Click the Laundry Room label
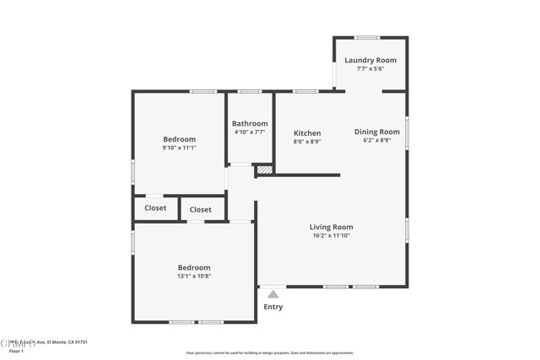point(370,61)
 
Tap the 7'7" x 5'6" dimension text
point(370,69)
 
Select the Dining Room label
point(376,132)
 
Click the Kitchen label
point(307,133)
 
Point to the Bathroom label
point(250,124)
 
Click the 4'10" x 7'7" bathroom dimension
point(250,132)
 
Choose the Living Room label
point(331,227)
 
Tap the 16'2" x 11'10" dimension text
point(331,235)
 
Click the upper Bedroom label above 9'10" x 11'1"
point(179,139)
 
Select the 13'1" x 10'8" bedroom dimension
point(194,277)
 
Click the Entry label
point(273,307)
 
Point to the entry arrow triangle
point(273,294)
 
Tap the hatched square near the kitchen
point(264,169)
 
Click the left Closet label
point(155,208)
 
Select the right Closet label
point(201,210)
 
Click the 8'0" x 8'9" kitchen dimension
point(307,142)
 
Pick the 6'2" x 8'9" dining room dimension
point(376,140)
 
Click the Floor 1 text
point(16,350)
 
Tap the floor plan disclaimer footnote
point(270,353)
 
